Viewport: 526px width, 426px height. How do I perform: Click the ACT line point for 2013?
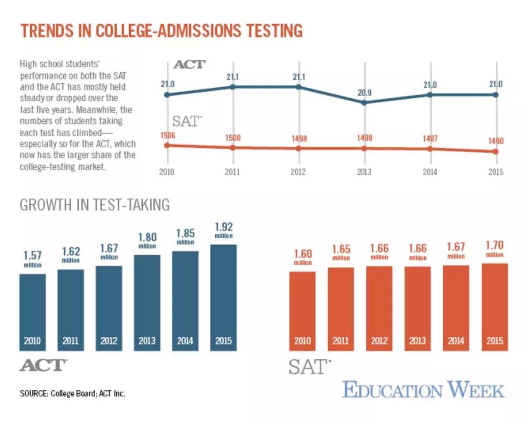[364, 102]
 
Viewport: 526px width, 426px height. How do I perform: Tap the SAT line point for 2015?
[496, 152]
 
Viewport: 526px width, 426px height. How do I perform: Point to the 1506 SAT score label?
[167, 135]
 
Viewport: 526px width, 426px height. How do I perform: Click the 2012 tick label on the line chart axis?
[299, 172]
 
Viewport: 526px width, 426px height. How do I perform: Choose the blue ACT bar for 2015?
[223, 297]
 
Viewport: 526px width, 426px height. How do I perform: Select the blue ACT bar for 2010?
[33, 312]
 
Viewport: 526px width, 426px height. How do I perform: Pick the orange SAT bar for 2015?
[494, 307]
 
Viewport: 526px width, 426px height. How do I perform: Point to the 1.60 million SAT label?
[302, 257]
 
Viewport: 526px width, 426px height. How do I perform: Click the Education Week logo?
[423, 390]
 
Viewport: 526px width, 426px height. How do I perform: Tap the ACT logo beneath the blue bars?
[43, 365]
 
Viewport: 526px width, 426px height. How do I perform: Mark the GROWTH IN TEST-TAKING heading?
[94, 205]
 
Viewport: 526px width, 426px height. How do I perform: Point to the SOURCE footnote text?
[73, 393]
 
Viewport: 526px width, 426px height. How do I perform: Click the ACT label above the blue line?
[190, 64]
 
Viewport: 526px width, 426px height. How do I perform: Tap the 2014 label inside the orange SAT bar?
[456, 341]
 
